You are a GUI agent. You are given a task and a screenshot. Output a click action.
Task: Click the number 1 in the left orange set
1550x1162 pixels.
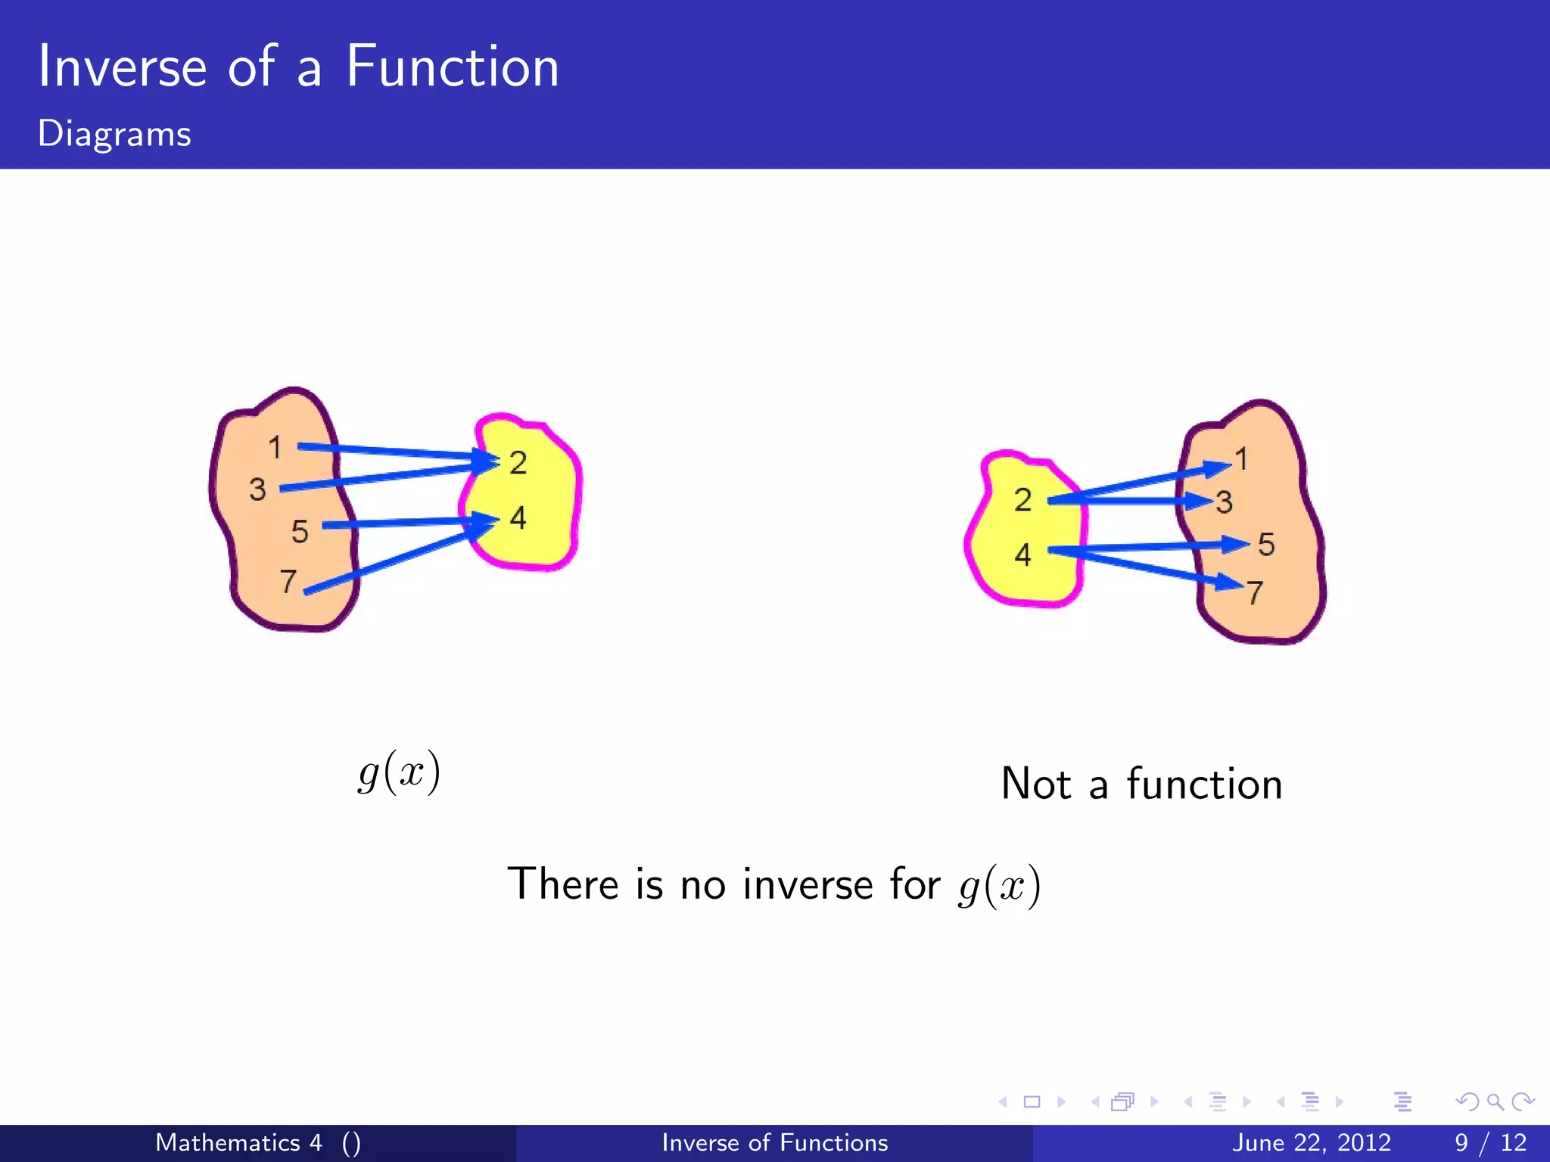click(x=275, y=447)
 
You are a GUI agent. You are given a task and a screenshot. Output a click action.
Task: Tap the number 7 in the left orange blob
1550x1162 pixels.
click(x=288, y=581)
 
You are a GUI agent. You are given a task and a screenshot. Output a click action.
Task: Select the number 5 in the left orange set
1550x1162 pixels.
click(x=300, y=531)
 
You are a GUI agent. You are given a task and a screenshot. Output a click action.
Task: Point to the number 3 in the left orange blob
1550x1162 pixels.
click(x=257, y=489)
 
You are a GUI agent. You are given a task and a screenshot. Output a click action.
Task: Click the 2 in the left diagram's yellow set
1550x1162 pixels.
click(x=518, y=463)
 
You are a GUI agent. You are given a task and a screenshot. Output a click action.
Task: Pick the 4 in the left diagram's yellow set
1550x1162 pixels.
click(x=518, y=518)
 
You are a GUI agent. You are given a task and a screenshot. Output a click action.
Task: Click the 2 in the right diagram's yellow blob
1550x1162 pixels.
click(x=1022, y=500)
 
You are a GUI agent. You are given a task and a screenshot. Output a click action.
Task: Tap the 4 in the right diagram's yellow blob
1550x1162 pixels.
click(x=1022, y=555)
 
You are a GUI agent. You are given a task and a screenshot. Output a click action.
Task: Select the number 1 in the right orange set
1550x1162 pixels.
click(x=1241, y=458)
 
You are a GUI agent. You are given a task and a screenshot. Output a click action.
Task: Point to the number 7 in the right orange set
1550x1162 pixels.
click(x=1255, y=592)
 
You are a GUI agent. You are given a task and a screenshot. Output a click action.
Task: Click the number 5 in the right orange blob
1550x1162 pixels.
click(x=1266, y=545)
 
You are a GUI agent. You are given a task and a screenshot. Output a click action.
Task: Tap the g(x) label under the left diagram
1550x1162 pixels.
click(x=399, y=773)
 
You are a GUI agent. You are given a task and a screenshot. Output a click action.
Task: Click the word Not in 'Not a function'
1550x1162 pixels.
click(x=1035, y=784)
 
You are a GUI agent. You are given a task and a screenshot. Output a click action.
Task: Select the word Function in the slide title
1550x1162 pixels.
click(x=452, y=67)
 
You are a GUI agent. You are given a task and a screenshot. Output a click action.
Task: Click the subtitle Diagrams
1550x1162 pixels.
click(x=114, y=134)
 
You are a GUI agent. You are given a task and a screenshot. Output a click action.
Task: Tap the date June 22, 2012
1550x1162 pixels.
click(x=1311, y=1142)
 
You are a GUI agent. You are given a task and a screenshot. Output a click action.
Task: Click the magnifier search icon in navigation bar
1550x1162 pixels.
click(x=1495, y=1101)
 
